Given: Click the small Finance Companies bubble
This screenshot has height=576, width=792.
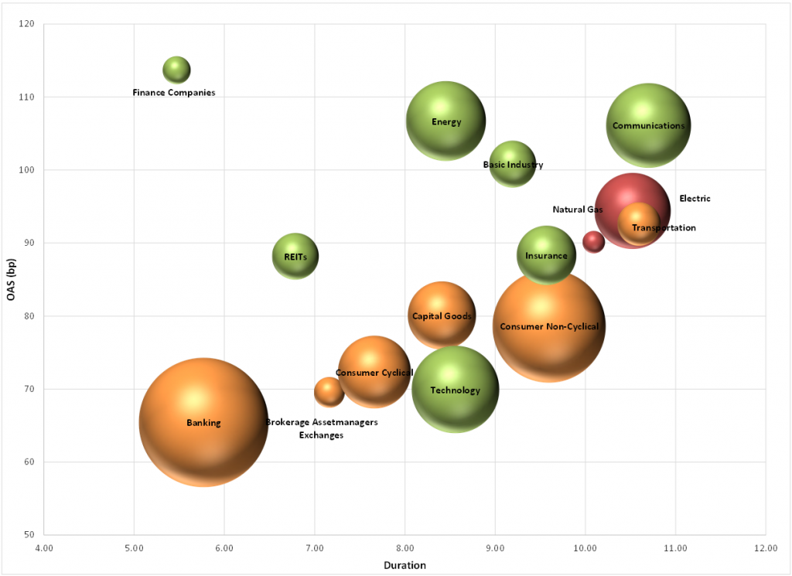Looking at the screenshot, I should click(x=176, y=70).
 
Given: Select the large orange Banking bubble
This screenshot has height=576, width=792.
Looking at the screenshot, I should click(x=203, y=422).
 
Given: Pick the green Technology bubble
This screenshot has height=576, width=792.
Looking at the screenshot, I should click(x=455, y=390).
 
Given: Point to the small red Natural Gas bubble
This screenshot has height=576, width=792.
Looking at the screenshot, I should click(x=593, y=241).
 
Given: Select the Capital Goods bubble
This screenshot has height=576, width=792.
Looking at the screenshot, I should click(x=441, y=315).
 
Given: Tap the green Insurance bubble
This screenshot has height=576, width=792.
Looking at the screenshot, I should click(x=546, y=255).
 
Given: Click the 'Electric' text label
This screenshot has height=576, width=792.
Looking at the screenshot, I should click(x=695, y=199).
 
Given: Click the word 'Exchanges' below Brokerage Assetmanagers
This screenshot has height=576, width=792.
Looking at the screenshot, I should click(x=321, y=435).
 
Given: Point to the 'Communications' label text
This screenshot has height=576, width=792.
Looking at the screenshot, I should click(x=648, y=125).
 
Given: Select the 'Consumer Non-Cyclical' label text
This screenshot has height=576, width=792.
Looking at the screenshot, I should click(x=549, y=326).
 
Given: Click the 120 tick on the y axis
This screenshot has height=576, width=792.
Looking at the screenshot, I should click(x=28, y=24).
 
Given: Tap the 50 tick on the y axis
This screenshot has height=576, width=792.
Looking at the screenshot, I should click(x=29, y=535).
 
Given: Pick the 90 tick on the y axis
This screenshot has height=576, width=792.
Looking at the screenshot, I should click(x=29, y=243).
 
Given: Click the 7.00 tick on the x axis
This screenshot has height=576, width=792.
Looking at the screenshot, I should click(x=315, y=548).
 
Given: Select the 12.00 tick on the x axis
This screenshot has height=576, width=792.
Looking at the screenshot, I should click(x=765, y=548).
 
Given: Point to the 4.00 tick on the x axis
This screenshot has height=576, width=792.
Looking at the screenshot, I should click(x=44, y=548).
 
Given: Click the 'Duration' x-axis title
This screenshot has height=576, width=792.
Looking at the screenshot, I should click(x=405, y=565).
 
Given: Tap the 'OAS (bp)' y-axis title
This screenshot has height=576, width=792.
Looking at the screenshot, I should click(x=11, y=278).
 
